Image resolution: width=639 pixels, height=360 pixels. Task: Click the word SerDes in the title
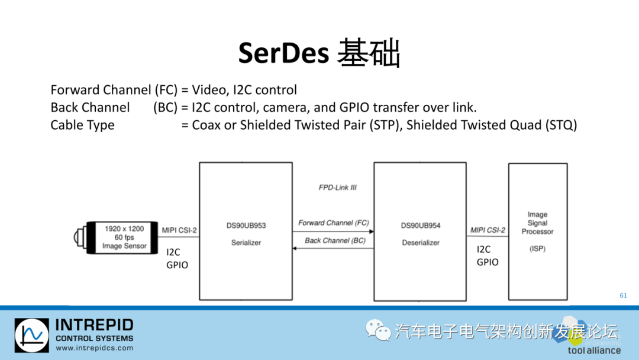point(283,53)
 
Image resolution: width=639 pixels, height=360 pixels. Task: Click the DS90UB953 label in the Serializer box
point(246,226)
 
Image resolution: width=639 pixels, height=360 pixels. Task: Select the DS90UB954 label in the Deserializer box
point(420,226)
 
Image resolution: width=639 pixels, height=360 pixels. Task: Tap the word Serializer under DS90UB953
point(246,243)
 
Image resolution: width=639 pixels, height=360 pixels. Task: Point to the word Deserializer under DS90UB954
point(420,243)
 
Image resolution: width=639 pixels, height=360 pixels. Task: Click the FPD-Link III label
point(337,188)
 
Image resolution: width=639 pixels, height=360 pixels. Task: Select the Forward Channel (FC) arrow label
point(333,223)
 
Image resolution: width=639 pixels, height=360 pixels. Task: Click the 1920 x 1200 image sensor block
point(124,237)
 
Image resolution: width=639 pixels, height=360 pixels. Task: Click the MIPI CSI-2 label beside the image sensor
point(179,230)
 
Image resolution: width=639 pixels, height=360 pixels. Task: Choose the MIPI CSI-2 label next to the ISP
point(488,230)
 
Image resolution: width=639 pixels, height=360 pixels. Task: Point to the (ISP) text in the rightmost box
point(537,249)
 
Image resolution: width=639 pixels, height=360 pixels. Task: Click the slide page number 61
point(623,295)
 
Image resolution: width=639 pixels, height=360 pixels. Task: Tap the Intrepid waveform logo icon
point(31,336)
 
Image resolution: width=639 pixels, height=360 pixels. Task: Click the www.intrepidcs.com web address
point(94,348)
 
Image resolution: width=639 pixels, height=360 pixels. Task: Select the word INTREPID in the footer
point(94,325)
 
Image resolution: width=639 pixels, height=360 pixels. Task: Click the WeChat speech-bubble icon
point(375,330)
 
